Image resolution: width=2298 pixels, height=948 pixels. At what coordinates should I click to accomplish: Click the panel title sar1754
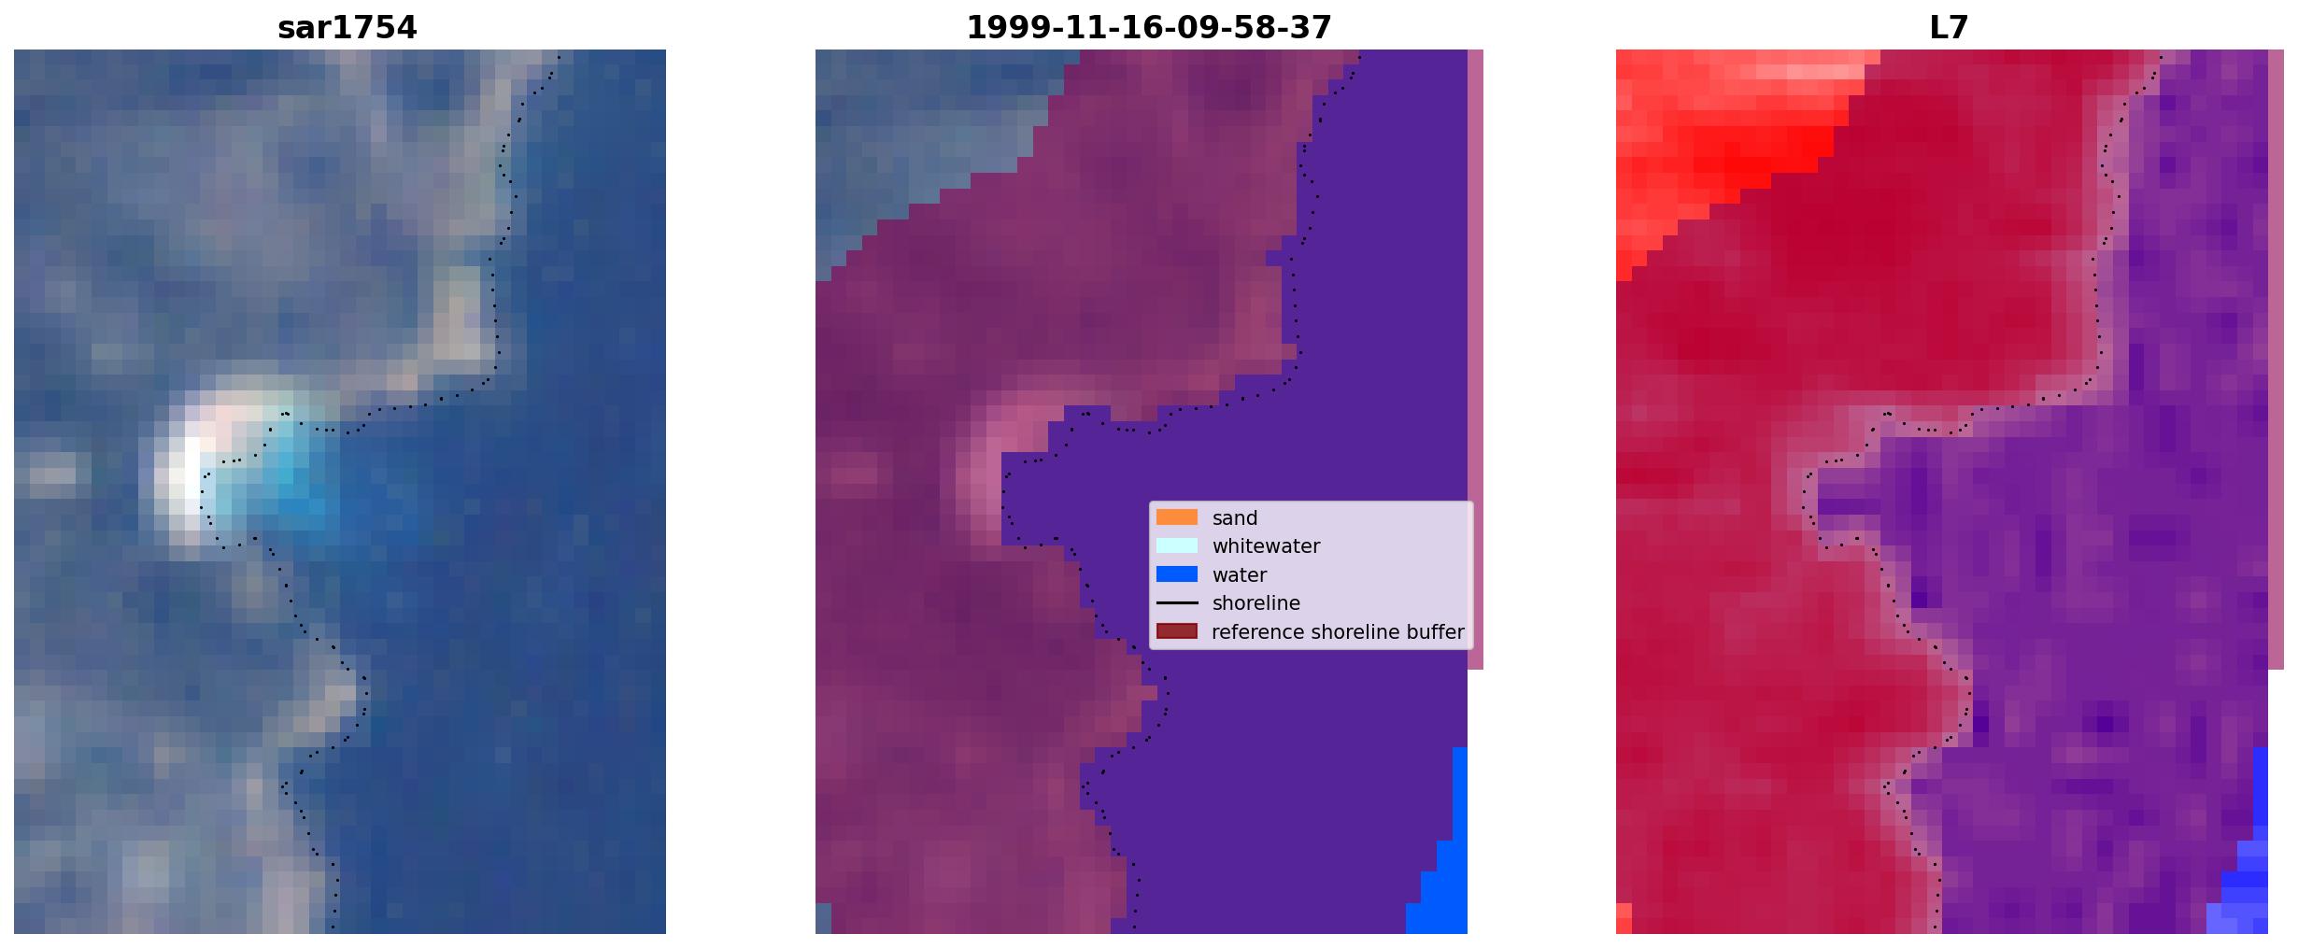click(x=347, y=28)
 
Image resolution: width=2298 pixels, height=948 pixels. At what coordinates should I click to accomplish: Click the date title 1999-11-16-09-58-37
click(x=1148, y=28)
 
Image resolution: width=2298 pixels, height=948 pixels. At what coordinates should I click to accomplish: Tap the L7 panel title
click(x=1949, y=28)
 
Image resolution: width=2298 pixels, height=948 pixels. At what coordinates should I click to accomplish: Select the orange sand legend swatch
click(x=1176, y=517)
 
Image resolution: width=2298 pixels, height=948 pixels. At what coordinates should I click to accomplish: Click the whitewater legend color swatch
click(x=1176, y=545)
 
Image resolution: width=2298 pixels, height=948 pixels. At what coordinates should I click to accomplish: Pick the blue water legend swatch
click(x=1176, y=574)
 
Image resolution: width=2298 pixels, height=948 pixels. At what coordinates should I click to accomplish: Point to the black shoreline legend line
click(x=1176, y=603)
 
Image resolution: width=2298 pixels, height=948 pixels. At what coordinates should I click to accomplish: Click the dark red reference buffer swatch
click(x=1176, y=631)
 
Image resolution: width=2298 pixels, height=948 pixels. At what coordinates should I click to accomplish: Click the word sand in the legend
click(x=1235, y=518)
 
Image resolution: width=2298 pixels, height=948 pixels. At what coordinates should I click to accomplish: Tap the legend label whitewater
click(x=1266, y=546)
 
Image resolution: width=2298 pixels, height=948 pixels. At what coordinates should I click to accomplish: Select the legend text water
click(x=1239, y=575)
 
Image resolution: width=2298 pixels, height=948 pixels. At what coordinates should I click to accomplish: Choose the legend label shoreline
click(x=1255, y=603)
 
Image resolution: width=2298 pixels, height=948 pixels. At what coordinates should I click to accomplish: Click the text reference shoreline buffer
click(x=1338, y=632)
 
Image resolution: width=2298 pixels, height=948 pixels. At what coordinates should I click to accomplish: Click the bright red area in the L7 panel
click(x=1719, y=140)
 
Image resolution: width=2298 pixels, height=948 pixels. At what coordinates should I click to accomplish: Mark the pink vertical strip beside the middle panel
click(x=1475, y=360)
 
